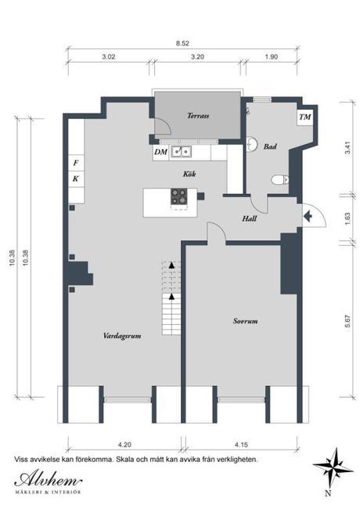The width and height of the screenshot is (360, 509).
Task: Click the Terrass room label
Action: [x=198, y=116]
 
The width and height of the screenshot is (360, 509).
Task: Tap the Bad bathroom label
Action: [x=270, y=146]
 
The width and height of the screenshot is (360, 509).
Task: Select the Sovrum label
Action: [x=245, y=321]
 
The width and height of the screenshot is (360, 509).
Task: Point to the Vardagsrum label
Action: [x=122, y=336]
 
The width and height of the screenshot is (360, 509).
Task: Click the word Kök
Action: [x=189, y=174]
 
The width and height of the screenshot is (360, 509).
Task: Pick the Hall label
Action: [x=250, y=218]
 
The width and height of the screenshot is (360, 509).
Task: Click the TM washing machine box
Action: [x=305, y=117]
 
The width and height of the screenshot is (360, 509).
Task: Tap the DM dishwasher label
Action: [x=161, y=152]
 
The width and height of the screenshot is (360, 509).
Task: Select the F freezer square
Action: [x=76, y=163]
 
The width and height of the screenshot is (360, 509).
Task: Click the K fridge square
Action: [x=76, y=179]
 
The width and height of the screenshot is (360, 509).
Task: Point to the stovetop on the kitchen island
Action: [x=179, y=197]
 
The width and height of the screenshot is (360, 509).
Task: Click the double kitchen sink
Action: [x=182, y=151]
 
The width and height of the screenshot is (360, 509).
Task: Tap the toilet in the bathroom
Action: [x=279, y=179]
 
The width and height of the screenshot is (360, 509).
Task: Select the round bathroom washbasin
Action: [x=252, y=144]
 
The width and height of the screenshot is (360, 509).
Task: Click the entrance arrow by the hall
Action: [x=308, y=216]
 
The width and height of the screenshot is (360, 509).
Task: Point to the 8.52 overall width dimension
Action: [x=182, y=43]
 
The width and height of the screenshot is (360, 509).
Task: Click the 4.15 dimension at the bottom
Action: [x=240, y=445]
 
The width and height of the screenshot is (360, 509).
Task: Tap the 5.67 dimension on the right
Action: [x=347, y=321]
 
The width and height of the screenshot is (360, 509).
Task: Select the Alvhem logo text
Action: [x=48, y=480]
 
